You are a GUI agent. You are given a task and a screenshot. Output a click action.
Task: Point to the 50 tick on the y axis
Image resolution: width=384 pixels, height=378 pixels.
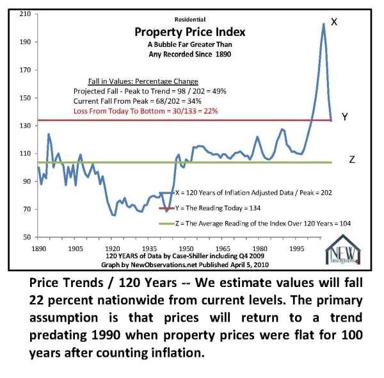click(27, 237)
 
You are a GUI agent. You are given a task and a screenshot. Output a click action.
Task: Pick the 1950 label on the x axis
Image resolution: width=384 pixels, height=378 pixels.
click(186, 247)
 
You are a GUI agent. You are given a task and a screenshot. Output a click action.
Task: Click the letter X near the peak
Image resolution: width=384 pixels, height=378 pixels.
click(333, 22)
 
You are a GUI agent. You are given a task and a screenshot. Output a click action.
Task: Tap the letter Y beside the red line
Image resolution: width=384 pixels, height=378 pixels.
click(344, 117)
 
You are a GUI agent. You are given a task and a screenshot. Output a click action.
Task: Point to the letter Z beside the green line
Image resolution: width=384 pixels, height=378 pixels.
click(351, 160)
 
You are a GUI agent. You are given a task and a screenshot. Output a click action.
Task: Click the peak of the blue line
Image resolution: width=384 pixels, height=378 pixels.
click(323, 24)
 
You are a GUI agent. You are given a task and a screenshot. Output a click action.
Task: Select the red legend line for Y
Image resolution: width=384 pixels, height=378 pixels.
click(167, 208)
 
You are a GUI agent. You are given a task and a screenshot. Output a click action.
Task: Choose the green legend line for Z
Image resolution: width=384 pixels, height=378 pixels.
click(167, 224)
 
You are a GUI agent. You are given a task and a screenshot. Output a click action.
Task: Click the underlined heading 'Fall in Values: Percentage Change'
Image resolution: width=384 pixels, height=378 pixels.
click(143, 81)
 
